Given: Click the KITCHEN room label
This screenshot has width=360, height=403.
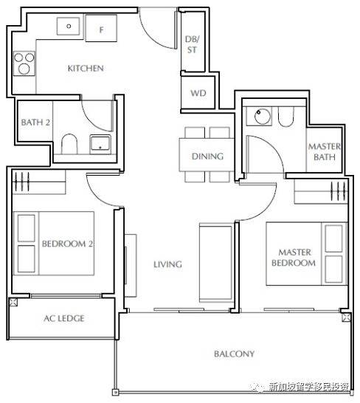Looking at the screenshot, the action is [x=86, y=69].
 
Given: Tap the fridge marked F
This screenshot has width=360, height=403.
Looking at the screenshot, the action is [x=101, y=28].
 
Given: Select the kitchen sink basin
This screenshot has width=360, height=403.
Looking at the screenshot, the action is [x=69, y=26].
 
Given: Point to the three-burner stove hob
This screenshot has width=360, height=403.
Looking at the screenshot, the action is [x=24, y=63].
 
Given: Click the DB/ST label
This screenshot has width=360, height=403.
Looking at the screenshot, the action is [x=193, y=44].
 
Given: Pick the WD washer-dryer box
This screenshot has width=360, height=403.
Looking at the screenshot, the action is [x=198, y=92].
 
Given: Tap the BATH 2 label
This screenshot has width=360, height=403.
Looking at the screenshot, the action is [x=35, y=123].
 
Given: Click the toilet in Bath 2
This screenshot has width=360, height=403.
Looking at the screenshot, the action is [x=69, y=144].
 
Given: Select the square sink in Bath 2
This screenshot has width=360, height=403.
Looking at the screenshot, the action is [x=100, y=144].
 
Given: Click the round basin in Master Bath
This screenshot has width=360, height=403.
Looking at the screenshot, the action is [x=263, y=116].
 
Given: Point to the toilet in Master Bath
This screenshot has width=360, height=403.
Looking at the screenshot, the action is [x=285, y=117].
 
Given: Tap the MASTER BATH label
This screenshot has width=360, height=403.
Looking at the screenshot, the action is [x=325, y=151].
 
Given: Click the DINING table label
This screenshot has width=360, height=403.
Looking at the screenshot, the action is [x=207, y=156].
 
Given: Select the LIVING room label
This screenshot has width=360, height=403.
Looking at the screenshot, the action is [x=167, y=264].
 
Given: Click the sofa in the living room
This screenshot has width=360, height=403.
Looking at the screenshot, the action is [x=216, y=263].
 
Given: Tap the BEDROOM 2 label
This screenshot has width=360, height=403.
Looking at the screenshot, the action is [x=67, y=244].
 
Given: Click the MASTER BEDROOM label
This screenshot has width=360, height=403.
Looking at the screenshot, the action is [x=294, y=258].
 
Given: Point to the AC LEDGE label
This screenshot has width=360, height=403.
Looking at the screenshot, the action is [x=64, y=318].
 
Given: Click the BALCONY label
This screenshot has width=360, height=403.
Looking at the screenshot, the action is [x=234, y=354].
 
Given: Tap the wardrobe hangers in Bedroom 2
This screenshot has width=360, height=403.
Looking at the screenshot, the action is [x=22, y=182].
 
